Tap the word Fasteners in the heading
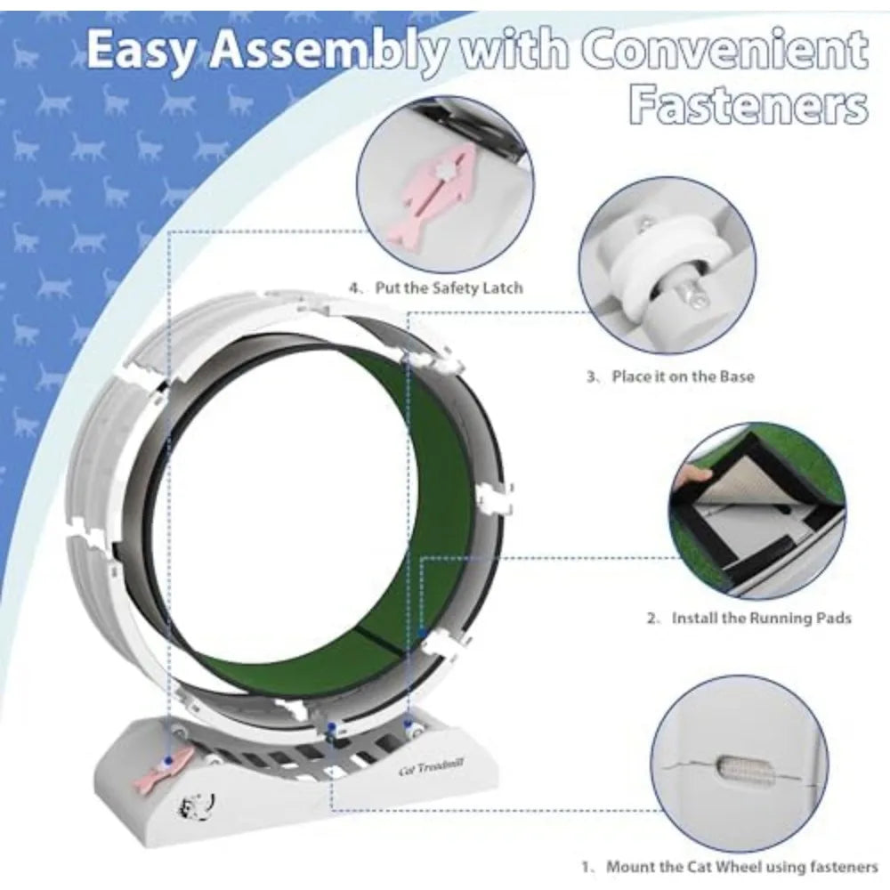click(x=748, y=106)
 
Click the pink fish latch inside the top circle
click(x=438, y=190)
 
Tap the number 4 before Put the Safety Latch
click(x=353, y=287)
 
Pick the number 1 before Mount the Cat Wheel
click(x=586, y=867)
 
